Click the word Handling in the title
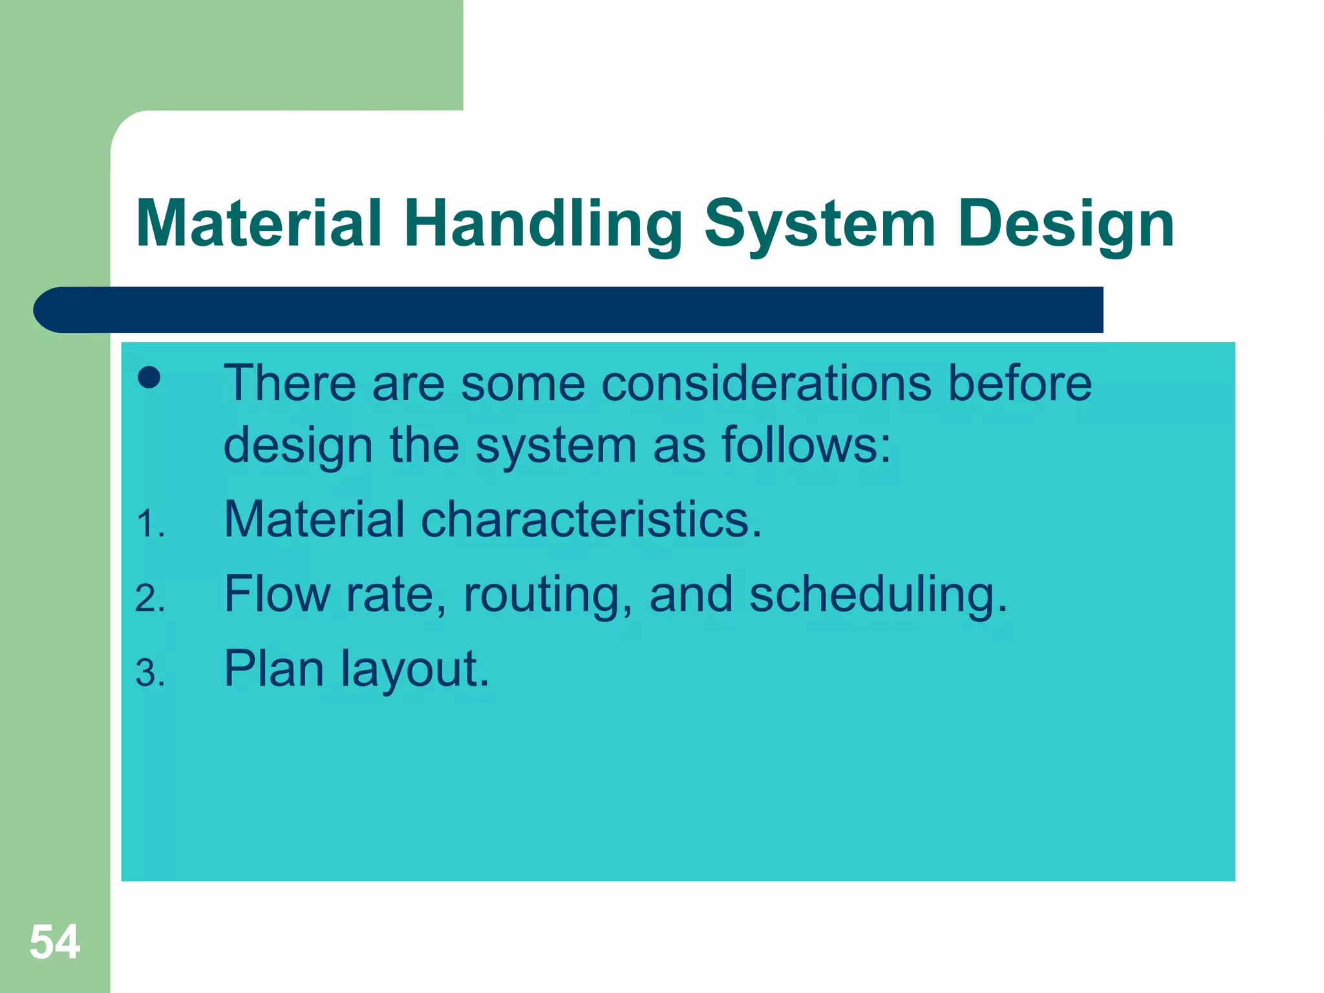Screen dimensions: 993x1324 tap(543, 225)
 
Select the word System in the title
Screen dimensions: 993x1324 tap(819, 225)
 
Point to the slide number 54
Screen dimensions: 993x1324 tap(55, 942)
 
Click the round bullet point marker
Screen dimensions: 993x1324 tap(149, 378)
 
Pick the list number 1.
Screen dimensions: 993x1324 tap(150, 524)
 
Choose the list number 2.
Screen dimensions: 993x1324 tap(150, 598)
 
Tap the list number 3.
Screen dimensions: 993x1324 tap(150, 673)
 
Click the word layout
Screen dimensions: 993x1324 tap(414, 670)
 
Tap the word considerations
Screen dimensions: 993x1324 tap(766, 384)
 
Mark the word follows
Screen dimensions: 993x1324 tap(806, 446)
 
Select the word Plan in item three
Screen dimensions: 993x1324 tap(273, 668)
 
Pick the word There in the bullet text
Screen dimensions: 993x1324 tap(290, 384)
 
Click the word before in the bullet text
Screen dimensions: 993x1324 tap(1020, 384)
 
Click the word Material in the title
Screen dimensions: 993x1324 tap(259, 225)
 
